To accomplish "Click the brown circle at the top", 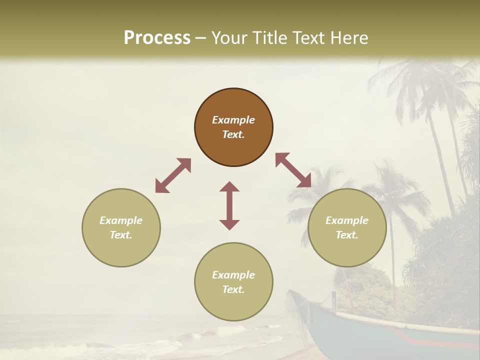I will click(x=233, y=127).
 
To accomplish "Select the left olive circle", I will click(x=121, y=227).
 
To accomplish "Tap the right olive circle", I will click(x=347, y=227).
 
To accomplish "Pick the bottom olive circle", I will click(x=233, y=282).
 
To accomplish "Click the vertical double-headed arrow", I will click(x=229, y=205).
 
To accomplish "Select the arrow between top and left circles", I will click(x=173, y=175).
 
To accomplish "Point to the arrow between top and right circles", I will click(x=293, y=170).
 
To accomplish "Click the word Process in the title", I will click(x=157, y=38).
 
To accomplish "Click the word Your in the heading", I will click(x=229, y=38).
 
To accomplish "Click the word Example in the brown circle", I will click(x=233, y=120).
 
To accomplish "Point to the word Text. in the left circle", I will click(x=121, y=235).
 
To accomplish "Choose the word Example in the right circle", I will click(x=347, y=220).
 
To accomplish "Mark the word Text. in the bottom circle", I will click(x=233, y=289).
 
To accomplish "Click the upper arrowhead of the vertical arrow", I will click(x=229, y=186).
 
